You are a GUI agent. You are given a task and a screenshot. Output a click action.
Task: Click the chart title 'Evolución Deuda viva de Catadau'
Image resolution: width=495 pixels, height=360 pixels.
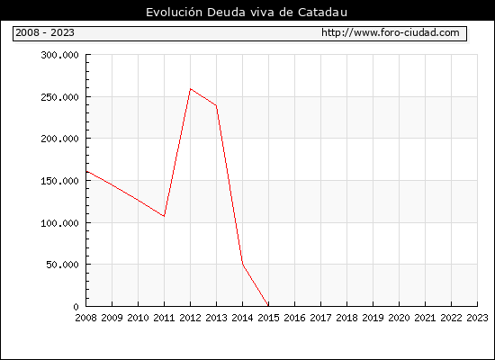coord(247,13)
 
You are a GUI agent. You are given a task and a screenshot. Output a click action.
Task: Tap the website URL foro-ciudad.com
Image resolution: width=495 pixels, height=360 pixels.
coord(391,32)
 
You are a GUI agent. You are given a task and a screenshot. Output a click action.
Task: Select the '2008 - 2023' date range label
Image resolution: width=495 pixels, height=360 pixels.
coord(45,32)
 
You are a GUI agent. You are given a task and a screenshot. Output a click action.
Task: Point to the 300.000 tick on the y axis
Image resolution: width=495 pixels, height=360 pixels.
coord(59,55)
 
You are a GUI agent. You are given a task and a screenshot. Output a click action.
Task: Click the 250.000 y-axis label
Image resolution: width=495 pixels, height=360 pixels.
coord(59,97)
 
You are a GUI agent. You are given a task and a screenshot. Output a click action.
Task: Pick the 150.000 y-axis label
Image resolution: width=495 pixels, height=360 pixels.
coord(59,181)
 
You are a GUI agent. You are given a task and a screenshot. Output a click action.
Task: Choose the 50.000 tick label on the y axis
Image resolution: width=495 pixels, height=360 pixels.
coord(62,265)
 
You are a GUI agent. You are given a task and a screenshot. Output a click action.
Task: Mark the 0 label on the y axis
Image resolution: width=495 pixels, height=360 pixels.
coord(76,307)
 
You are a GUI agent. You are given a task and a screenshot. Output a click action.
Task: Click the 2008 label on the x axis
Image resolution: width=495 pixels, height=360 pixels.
coord(85,318)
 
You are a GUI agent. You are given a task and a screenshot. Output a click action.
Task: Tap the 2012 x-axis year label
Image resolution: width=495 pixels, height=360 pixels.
coord(191,318)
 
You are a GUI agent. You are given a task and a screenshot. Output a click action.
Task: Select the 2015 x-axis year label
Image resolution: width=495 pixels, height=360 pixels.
coord(269,318)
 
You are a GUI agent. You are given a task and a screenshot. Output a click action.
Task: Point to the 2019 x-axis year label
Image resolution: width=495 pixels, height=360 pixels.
coord(373,318)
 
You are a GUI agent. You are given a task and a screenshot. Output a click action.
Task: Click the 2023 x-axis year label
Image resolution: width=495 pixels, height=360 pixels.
coord(477,318)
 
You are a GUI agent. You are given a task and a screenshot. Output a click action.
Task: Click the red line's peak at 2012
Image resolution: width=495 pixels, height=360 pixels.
coord(191,89)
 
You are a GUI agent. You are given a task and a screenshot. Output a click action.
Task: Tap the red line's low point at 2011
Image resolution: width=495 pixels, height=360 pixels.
coord(164,216)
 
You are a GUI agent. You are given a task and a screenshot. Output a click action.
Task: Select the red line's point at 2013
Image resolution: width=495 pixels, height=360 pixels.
coord(216,105)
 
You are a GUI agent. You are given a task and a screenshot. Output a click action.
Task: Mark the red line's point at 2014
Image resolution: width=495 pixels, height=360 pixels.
coord(242,265)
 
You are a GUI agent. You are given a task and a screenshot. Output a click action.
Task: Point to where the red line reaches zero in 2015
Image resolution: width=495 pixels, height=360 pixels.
coord(268,306)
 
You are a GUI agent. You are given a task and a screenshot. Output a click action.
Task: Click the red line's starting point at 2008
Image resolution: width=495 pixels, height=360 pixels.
coord(86,171)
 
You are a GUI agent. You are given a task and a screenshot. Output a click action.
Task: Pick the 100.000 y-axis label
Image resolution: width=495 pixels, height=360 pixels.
coord(59,223)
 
